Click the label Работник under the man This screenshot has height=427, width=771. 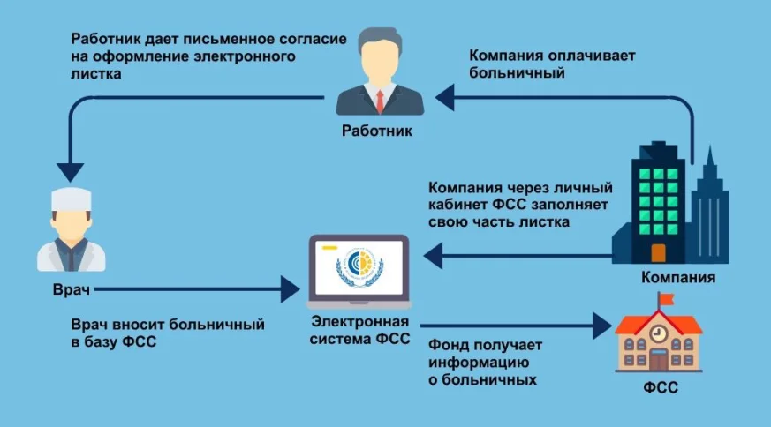[x=375, y=131]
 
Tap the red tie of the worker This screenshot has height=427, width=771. [x=378, y=99]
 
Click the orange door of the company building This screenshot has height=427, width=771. [x=657, y=252]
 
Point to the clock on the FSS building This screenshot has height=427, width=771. [x=658, y=334]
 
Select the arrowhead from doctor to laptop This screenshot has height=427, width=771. [x=291, y=288]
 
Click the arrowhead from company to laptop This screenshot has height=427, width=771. [x=432, y=256]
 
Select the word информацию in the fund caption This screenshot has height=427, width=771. [x=477, y=363]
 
